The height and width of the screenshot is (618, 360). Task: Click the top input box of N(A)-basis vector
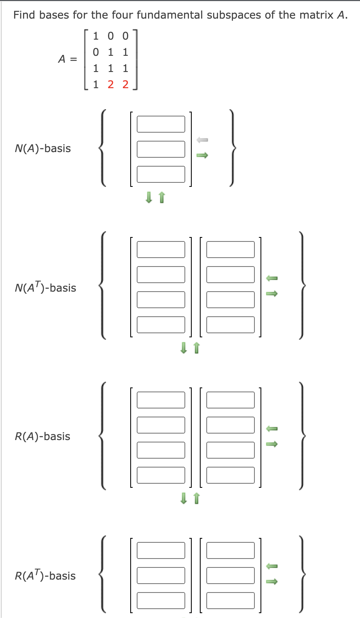[x=161, y=124]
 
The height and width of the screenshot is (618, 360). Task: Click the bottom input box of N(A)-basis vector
[x=161, y=174]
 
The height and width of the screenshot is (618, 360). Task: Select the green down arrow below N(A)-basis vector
[x=149, y=197]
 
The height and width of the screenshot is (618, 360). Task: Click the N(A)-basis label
[x=42, y=148]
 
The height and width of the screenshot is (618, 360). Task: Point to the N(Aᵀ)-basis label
[x=45, y=288]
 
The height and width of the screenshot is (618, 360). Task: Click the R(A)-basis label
[x=42, y=436]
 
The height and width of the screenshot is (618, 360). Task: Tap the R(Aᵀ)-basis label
[x=45, y=576]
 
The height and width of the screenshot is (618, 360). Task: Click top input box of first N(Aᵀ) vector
[x=161, y=250]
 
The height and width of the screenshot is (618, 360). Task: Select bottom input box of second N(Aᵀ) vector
[x=230, y=325]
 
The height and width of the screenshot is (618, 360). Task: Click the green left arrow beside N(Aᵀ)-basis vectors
[x=271, y=278]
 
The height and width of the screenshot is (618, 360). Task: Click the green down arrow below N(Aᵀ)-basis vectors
[x=184, y=347]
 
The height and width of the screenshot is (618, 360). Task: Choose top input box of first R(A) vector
[x=161, y=400]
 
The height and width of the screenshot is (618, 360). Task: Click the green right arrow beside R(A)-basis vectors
[x=271, y=444]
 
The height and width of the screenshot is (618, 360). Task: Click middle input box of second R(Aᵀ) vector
[x=230, y=576]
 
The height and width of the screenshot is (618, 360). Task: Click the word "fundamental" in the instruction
[x=170, y=15]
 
